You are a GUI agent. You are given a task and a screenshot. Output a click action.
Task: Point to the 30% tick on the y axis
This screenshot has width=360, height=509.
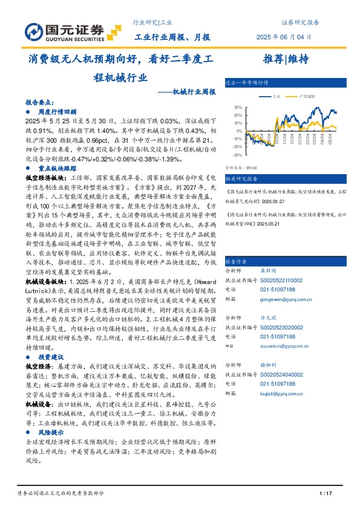(237, 107)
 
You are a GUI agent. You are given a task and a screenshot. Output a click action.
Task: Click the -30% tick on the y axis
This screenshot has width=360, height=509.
(237, 155)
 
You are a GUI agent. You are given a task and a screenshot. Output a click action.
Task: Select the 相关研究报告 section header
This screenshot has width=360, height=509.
(241, 179)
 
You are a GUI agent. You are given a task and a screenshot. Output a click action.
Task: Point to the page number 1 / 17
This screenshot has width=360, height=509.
(326, 494)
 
